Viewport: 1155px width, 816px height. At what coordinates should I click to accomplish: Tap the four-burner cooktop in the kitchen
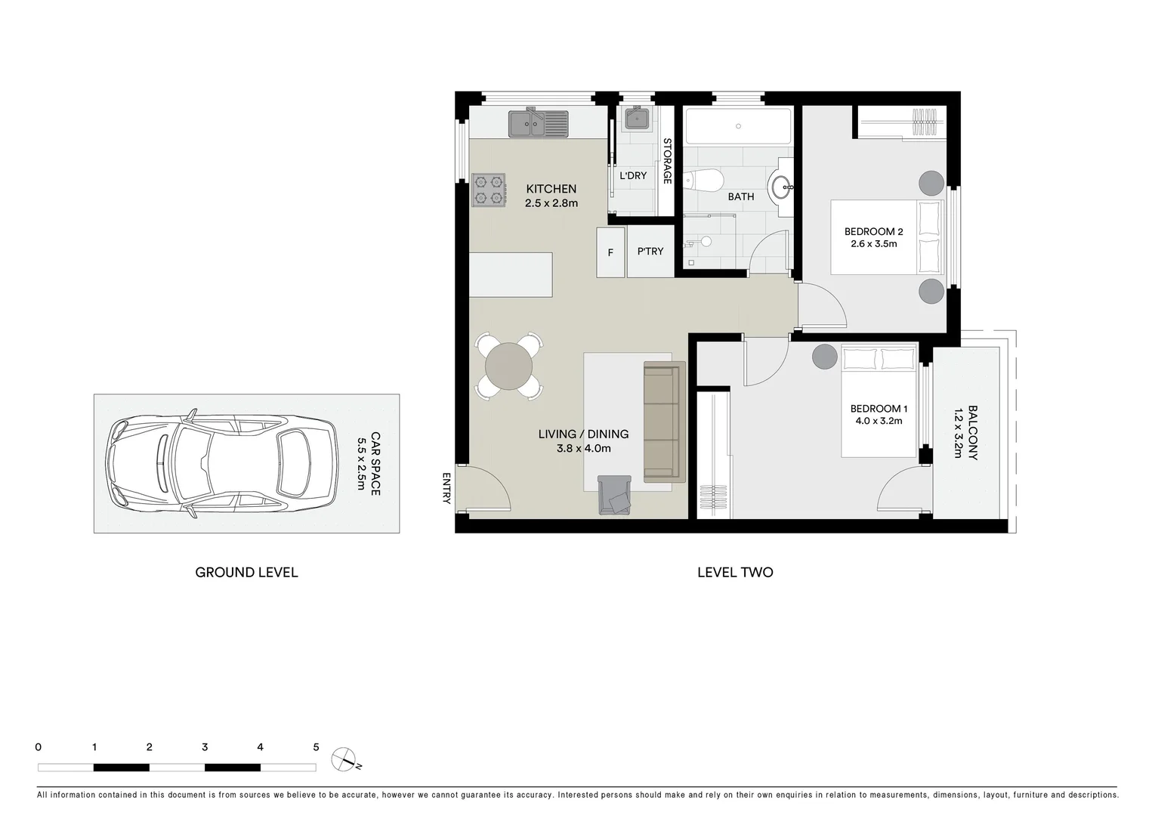click(489, 190)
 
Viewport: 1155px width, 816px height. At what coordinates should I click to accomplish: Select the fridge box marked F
click(610, 252)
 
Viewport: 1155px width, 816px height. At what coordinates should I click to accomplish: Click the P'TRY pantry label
click(650, 252)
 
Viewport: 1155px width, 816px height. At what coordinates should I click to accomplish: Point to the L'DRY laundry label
click(633, 175)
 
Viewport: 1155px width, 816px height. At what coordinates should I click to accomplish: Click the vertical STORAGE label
click(667, 161)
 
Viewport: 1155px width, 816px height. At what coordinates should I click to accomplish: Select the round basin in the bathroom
click(781, 185)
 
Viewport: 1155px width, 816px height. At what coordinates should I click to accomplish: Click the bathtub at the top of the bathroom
click(738, 126)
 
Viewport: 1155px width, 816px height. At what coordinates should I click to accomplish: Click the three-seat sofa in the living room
click(663, 422)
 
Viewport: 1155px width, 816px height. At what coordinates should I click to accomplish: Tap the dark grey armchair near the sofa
click(615, 496)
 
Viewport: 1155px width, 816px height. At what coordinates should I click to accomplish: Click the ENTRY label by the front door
click(446, 489)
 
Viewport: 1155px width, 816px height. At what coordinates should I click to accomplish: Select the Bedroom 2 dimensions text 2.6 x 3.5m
click(873, 244)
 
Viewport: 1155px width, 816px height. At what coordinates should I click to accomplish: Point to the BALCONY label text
click(973, 434)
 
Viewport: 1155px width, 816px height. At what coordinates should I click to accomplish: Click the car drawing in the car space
click(222, 463)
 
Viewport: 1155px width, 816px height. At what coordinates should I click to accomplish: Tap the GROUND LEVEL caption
click(246, 573)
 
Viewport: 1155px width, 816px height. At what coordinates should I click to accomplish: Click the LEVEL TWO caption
click(734, 573)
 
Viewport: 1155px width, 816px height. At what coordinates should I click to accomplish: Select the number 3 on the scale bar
click(205, 747)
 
